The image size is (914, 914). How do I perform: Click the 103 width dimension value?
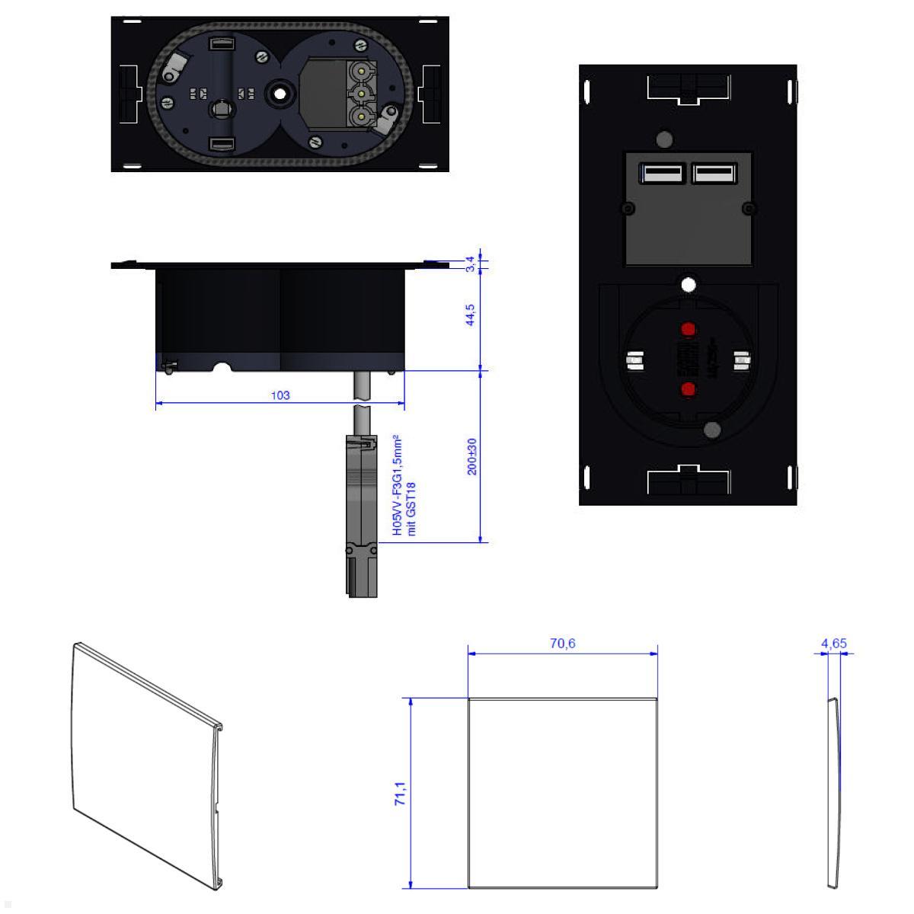click(x=280, y=395)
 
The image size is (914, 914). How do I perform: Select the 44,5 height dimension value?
click(x=471, y=315)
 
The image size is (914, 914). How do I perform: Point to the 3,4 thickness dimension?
click(x=471, y=264)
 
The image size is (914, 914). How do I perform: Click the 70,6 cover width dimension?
click(x=562, y=644)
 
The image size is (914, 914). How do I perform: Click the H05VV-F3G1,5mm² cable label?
click(x=397, y=485)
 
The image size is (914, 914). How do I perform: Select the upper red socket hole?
click(x=688, y=330)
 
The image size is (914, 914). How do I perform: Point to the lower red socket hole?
click(x=688, y=390)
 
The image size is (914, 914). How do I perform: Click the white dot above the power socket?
click(x=689, y=285)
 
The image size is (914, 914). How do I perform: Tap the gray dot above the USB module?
click(x=663, y=139)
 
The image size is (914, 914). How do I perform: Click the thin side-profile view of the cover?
click(x=834, y=792)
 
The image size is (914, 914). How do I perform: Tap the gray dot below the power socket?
click(x=712, y=430)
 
